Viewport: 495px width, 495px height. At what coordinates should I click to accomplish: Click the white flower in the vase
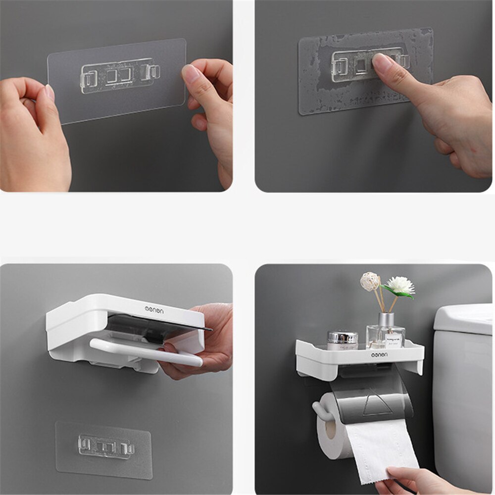(400, 285)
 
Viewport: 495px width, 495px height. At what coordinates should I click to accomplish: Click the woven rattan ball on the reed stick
(369, 281)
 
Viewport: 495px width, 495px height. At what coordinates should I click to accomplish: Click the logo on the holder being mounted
(153, 309)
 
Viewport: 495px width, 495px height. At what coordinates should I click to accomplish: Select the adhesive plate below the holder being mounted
(103, 449)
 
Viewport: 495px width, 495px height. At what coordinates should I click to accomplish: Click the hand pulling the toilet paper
(421, 480)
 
